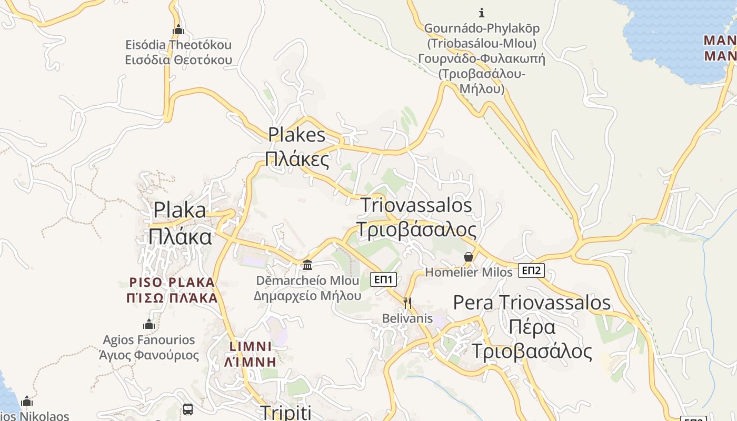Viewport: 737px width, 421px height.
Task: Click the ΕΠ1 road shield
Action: (x=383, y=279)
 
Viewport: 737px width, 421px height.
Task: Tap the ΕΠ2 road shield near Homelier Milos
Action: (x=531, y=270)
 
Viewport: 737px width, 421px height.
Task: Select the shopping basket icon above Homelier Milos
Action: (x=468, y=257)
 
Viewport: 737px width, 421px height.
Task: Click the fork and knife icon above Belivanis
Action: (x=407, y=303)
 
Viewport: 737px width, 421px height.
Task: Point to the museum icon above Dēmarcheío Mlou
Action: (x=307, y=265)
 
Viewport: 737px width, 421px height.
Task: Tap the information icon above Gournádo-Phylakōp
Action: (x=481, y=12)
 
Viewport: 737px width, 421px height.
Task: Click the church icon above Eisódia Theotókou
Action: (x=178, y=29)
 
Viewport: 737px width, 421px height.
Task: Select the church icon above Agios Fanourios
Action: (x=149, y=324)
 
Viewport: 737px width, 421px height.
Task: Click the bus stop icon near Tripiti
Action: (x=187, y=409)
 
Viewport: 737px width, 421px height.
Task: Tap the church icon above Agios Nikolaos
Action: (x=27, y=402)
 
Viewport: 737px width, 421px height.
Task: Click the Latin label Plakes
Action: (x=297, y=135)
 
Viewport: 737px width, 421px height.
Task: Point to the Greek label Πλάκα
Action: (x=180, y=237)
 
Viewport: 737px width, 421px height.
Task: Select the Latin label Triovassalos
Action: (x=416, y=205)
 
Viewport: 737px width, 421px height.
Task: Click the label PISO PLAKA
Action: (x=172, y=283)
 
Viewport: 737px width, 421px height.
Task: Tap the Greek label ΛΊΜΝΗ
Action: (x=251, y=362)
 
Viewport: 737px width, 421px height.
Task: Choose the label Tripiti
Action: (x=286, y=412)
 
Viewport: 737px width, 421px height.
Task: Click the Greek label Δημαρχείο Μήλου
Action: (x=307, y=295)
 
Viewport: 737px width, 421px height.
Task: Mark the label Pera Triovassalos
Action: (x=532, y=303)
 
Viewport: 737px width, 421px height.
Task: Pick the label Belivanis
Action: (x=407, y=318)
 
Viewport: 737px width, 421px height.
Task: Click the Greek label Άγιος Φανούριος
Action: (x=149, y=355)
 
